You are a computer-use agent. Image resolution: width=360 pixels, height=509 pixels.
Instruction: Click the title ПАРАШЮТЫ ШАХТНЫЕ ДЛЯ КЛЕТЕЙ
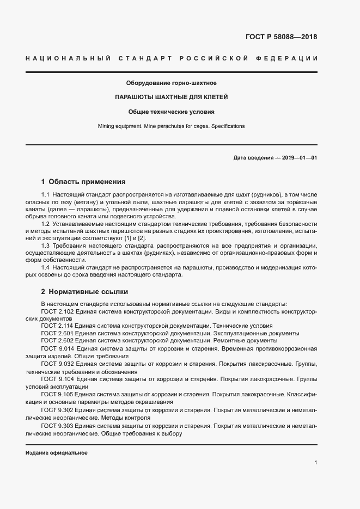[171, 97]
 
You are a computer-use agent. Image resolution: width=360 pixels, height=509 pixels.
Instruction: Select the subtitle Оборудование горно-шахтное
[171, 83]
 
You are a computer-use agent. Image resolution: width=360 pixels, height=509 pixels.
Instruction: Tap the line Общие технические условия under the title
[171, 112]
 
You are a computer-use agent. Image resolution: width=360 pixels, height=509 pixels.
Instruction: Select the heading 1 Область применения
[83, 182]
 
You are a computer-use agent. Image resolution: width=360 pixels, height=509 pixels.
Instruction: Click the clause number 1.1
[46, 195]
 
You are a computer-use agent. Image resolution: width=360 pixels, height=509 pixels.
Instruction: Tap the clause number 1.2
[46, 224]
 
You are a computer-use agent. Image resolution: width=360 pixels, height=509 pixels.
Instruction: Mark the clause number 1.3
[46, 246]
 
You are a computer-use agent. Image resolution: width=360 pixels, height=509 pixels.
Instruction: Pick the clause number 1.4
[46, 267]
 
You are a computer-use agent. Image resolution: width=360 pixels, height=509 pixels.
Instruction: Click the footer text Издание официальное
[56, 452]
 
